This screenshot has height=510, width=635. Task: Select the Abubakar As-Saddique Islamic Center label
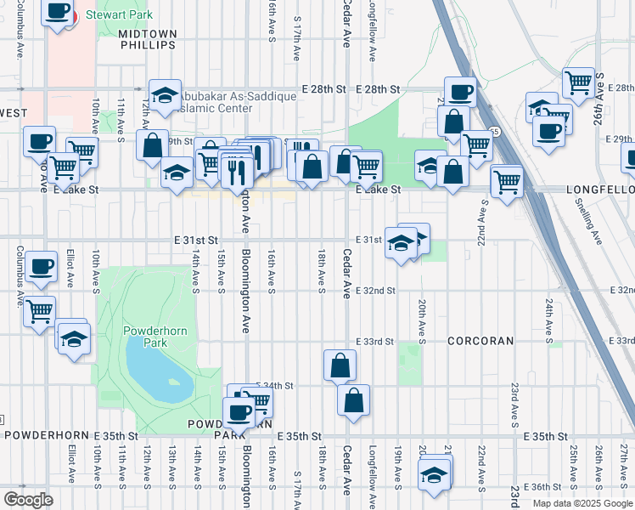225,102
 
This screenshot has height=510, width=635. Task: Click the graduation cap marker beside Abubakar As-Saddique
166,94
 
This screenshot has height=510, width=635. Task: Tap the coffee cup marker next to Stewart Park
57,13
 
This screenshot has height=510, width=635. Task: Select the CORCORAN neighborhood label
481,341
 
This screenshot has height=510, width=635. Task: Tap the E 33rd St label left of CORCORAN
377,342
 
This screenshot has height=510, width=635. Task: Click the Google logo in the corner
28,500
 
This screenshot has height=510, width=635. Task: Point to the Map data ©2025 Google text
583,503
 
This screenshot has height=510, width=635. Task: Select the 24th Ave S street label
549,315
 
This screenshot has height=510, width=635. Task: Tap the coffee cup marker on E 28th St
460,92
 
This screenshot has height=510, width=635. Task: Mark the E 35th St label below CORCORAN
546,436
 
